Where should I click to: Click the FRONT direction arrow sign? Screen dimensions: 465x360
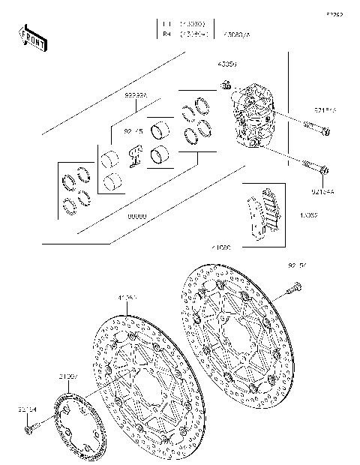[32, 37]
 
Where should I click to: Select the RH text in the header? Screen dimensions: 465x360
[165, 34]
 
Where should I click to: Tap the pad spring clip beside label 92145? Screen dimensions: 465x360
[136, 154]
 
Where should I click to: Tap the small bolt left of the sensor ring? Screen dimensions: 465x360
[29, 430]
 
